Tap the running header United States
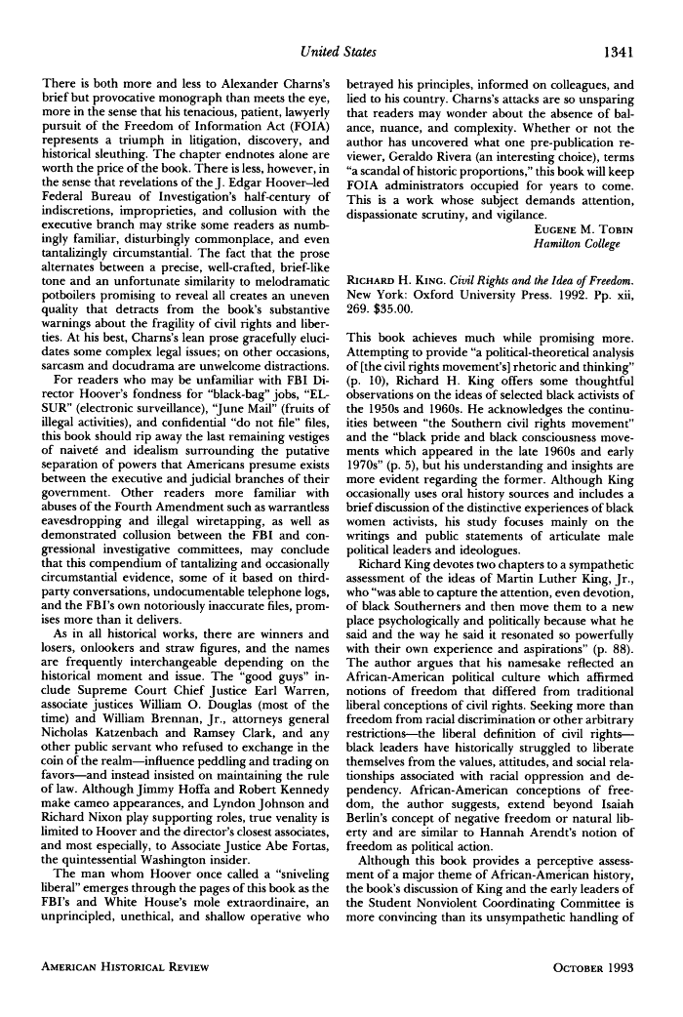click(x=340, y=50)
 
